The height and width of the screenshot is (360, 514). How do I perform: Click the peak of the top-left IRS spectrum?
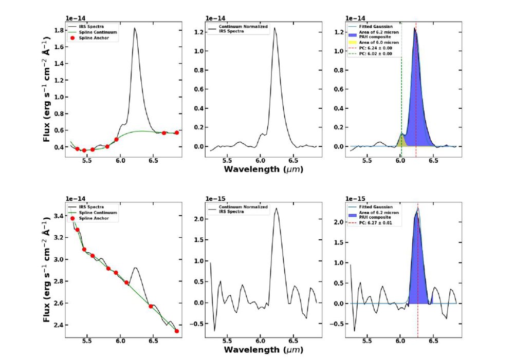[135, 29]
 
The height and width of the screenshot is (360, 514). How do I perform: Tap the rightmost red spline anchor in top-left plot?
[176, 132]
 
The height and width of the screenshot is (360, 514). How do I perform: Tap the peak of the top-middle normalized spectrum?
[274, 28]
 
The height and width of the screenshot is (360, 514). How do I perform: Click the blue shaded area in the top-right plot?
[419, 103]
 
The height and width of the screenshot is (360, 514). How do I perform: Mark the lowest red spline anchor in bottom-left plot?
[176, 331]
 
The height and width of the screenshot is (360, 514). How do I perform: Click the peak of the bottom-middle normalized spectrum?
[277, 208]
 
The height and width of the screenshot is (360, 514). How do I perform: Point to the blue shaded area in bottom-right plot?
[417, 267]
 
